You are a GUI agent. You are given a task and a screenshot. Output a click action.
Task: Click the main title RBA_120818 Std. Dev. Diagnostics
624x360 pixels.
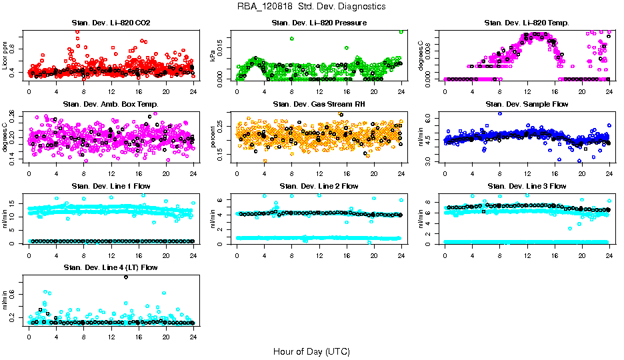point(311,7)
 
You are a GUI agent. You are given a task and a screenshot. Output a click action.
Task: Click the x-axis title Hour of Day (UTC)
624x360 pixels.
point(311,351)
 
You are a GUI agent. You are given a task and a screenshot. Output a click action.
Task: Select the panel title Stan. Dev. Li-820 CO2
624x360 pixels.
point(111,23)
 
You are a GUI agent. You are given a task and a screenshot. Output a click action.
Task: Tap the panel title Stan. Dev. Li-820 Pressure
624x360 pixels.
point(319,23)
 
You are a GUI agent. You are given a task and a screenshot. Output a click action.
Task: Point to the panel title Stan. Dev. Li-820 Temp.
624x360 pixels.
point(527,23)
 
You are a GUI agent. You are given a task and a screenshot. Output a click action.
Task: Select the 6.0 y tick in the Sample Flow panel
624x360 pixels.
point(433,118)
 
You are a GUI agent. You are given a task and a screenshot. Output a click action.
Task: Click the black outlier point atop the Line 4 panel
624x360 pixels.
point(125,277)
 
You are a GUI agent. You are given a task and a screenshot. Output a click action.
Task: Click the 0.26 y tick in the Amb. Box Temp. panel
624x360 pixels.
point(17,114)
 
